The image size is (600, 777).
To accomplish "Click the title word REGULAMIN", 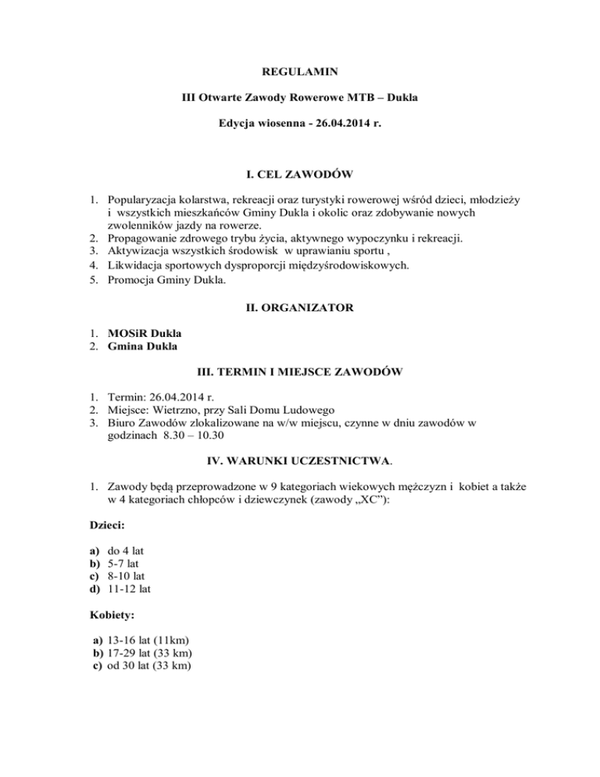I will tap(300, 72).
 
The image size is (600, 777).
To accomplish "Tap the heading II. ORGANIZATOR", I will tap(300, 308).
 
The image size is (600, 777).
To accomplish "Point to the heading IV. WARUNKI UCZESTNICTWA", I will tap(300, 451).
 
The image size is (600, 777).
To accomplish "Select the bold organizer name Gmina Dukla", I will tap(140, 346).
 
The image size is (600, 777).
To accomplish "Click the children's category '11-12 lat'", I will tap(127, 594).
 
